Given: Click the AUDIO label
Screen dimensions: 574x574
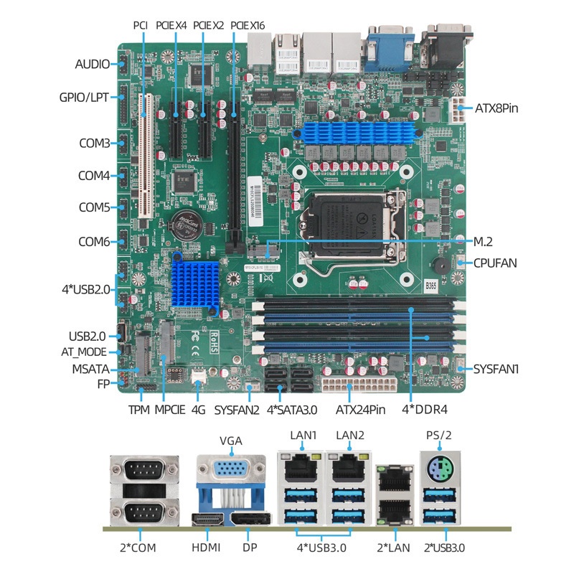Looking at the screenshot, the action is point(93,64).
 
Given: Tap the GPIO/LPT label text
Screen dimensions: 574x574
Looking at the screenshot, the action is point(84,98).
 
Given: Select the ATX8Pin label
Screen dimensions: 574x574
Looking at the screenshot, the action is point(497,108).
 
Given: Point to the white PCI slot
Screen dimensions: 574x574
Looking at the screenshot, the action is point(146,156).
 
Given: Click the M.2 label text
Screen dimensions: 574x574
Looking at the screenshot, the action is point(483,242).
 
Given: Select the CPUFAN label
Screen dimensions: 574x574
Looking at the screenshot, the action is point(495,263).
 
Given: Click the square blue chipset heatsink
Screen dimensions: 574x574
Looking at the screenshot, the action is point(195,283).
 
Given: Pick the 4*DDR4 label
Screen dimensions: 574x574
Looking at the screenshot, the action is point(425,409).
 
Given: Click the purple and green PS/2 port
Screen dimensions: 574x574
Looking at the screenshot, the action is point(440,469).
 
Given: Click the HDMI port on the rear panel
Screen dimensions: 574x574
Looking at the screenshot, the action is point(207,519).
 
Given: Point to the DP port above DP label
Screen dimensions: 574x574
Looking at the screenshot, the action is point(251,519).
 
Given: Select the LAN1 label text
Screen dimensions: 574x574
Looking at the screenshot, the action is point(303,436).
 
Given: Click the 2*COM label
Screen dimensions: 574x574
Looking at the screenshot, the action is point(138,547).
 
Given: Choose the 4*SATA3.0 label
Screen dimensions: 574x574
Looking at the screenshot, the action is point(292,410).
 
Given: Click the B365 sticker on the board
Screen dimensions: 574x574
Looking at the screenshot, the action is point(431,286).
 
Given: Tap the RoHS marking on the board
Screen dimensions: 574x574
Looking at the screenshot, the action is point(214,343).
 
